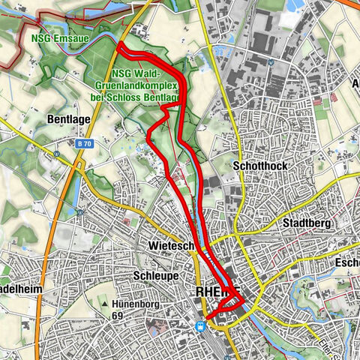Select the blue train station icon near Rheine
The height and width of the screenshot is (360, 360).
[x=199, y=325]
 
